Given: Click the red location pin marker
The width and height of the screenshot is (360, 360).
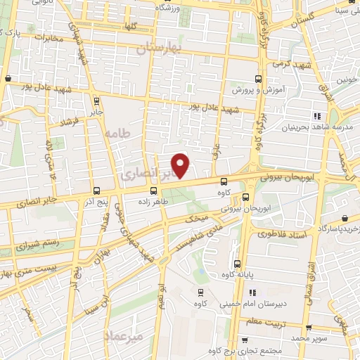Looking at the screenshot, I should pyautogui.click(x=181, y=165).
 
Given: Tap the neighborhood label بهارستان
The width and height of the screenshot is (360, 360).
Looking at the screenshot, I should pyautogui.click(x=159, y=48).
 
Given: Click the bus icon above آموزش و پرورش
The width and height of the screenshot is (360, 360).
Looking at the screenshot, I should pyautogui.click(x=258, y=79).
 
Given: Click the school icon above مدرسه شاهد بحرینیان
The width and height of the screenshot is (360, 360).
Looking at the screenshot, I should pyautogui.click(x=317, y=116).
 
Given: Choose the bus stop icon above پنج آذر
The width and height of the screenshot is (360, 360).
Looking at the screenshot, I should pyautogui.click(x=96, y=191).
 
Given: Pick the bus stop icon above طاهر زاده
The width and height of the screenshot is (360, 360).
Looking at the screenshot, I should pyautogui.click(x=153, y=191).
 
